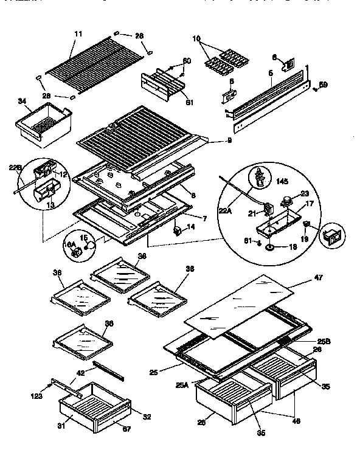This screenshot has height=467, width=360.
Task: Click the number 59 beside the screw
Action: point(323,85)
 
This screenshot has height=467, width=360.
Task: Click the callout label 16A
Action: point(70,244)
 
